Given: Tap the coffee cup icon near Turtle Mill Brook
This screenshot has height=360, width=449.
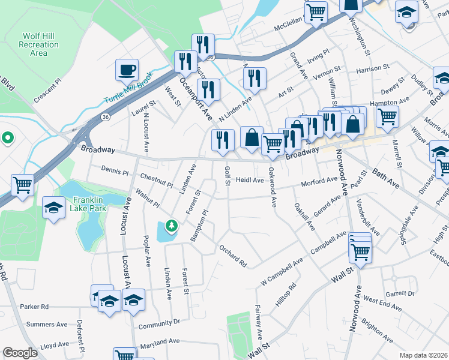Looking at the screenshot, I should pos(127,70).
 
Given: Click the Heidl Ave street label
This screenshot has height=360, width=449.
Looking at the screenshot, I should pos(250,180).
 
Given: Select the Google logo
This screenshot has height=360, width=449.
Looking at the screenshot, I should pos(20,353).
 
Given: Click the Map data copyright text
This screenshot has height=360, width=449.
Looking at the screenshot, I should pos(423,355).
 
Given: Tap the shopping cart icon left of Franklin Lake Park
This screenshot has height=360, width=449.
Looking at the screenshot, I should pos(23,184).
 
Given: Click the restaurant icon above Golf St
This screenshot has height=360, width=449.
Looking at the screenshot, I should pos(223,140).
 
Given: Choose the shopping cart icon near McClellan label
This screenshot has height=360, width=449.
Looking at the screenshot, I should pos(316,11).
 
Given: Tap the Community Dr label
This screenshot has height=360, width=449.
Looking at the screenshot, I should pos(159,325).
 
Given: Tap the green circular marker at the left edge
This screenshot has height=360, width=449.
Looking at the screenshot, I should pos(7,139).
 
